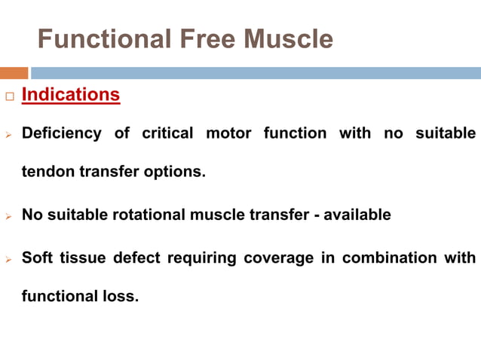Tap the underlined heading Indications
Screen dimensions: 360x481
71,95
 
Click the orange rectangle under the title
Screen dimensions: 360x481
14,73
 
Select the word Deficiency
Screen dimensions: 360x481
61,133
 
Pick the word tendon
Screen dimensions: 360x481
47,172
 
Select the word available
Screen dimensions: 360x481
358,215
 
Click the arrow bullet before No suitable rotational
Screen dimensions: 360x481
9,215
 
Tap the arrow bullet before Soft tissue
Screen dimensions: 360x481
9,259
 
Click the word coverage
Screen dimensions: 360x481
276,258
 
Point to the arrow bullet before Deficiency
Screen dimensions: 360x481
9,134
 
